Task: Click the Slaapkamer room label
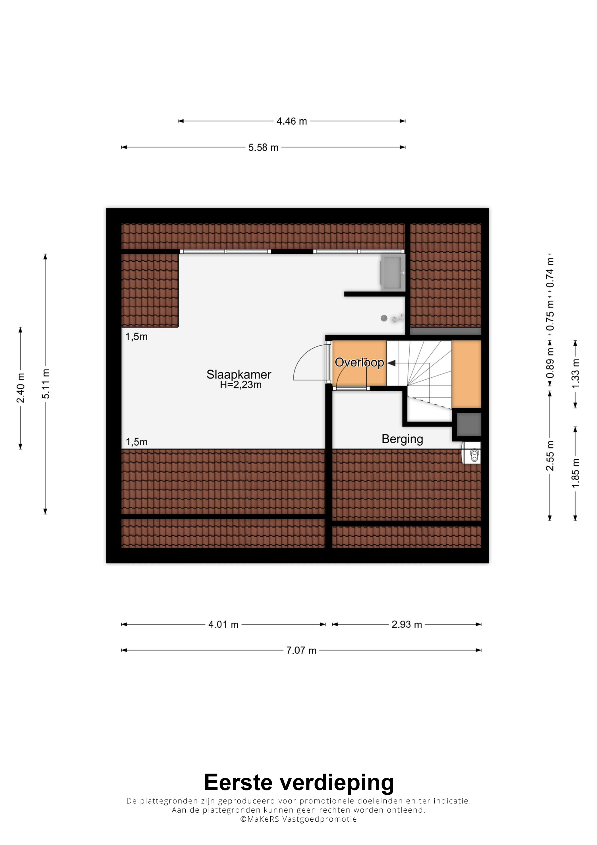[x=239, y=375]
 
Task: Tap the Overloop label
[x=359, y=363]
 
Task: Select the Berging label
[x=403, y=439]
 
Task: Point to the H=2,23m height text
[x=241, y=385]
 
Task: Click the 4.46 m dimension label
[x=292, y=121]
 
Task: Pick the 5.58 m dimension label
[x=263, y=148]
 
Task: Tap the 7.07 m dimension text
[x=301, y=650]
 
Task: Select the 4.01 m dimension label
[x=223, y=625]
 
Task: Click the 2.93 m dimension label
[x=407, y=625]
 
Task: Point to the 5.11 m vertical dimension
[x=45, y=383]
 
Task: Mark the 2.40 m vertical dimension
[x=20, y=388]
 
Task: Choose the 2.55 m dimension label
[x=550, y=456]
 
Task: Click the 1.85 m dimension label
[x=576, y=474]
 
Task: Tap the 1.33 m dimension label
[x=576, y=373]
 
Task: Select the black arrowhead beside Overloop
[x=391, y=363]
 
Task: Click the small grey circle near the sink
[x=384, y=318]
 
